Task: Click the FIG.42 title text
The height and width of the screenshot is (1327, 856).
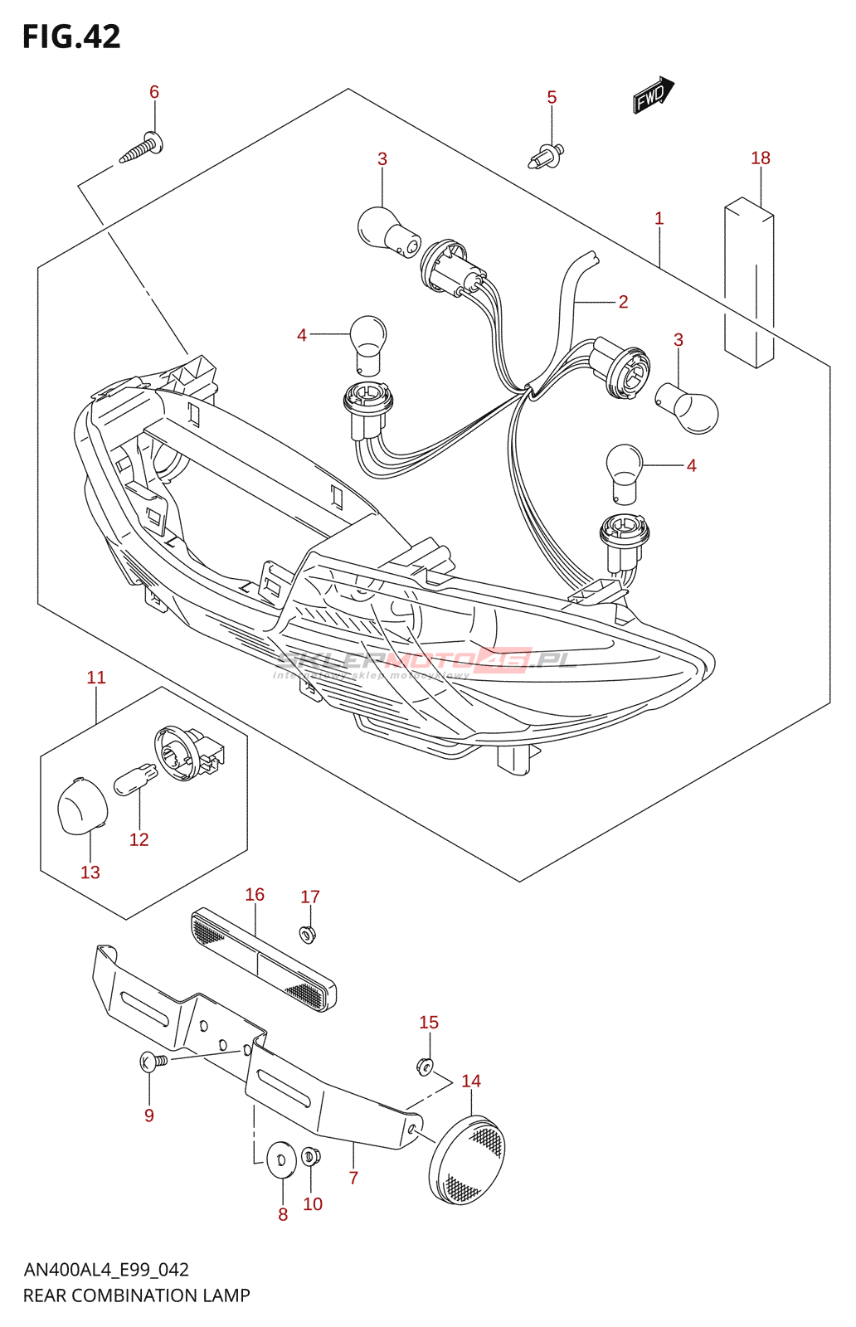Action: [x=71, y=36]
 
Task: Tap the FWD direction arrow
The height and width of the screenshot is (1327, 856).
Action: [x=654, y=95]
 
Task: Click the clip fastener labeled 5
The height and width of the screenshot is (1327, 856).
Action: [x=547, y=155]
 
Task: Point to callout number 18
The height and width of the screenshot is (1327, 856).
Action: [x=761, y=158]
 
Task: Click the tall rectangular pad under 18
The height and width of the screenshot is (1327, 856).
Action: [x=749, y=282]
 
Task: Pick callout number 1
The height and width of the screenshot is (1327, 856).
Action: [x=659, y=218]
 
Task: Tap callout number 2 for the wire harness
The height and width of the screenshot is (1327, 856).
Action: [x=623, y=302]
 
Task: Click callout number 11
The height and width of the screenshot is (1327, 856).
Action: [x=96, y=678]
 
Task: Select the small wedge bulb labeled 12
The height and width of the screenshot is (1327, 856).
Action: [x=135, y=780]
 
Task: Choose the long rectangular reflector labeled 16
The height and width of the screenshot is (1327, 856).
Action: [x=264, y=960]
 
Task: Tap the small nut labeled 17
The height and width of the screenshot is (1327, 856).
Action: [x=308, y=935]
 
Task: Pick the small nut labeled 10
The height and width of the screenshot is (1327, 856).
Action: [x=311, y=1155]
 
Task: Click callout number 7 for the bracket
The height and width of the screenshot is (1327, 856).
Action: [x=353, y=1178]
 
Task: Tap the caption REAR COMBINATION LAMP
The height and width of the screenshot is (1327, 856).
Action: [x=137, y=1295]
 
